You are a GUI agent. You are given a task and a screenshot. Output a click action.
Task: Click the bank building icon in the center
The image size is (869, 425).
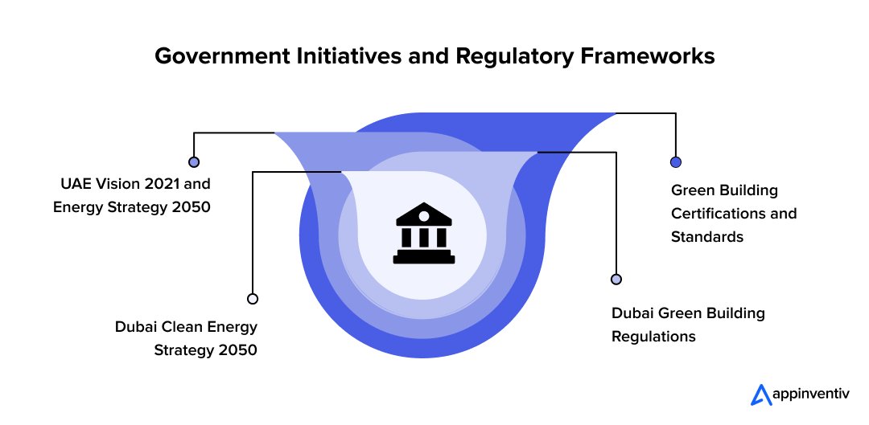pyautogui.click(x=423, y=234)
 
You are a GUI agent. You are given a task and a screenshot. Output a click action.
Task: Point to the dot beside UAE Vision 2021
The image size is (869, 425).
pyautogui.click(x=193, y=161)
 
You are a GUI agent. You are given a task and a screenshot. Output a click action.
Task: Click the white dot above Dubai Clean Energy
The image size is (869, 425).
pyautogui.click(x=253, y=298)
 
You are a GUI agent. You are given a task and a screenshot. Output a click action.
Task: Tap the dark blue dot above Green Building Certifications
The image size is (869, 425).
pyautogui.click(x=676, y=161)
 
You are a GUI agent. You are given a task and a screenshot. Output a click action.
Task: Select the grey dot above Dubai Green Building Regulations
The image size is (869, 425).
pyautogui.click(x=616, y=279)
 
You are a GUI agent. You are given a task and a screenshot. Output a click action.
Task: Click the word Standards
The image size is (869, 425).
pyautogui.click(x=707, y=236)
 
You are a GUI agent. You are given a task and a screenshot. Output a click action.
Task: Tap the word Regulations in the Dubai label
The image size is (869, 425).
pyautogui.click(x=653, y=336)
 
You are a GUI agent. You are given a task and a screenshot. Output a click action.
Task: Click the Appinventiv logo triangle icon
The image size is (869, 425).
pyautogui.click(x=760, y=394)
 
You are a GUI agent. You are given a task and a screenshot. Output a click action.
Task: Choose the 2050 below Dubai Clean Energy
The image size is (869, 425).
pyautogui.click(x=238, y=350)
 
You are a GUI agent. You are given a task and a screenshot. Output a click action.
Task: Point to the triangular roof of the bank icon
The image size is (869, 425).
pyautogui.click(x=423, y=215)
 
